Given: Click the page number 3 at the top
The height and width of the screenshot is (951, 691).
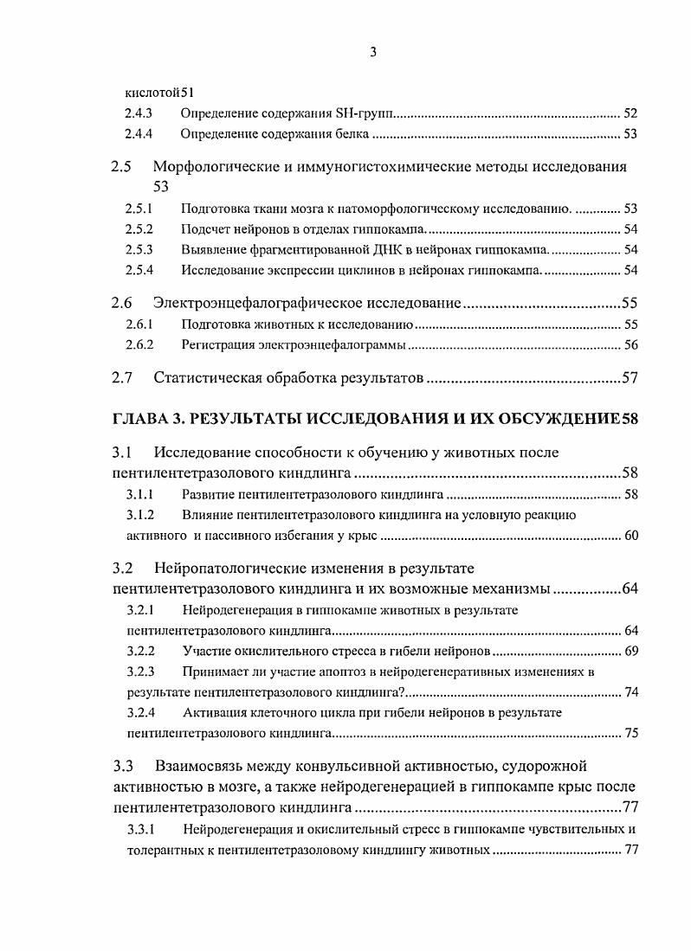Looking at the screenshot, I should tap(373, 52).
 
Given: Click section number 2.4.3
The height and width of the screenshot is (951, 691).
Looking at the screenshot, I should tap(139, 113).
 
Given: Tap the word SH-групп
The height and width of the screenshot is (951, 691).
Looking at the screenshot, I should tap(370, 113).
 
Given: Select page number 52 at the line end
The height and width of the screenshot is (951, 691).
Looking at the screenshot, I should tap(630, 113).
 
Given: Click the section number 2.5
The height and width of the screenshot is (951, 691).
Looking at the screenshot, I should tap(122, 166).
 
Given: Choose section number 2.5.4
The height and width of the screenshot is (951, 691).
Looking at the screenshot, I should tap(139, 270).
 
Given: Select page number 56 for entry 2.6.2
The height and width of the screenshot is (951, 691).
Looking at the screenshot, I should tap(630, 345).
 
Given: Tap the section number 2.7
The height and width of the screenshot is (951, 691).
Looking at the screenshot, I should tap(122, 378).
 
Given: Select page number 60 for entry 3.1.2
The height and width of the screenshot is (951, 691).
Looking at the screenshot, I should tap(630, 536).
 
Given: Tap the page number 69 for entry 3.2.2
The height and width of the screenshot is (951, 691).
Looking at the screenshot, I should tap(630, 650).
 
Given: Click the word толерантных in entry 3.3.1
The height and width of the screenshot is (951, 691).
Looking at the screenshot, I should tap(163, 850).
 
